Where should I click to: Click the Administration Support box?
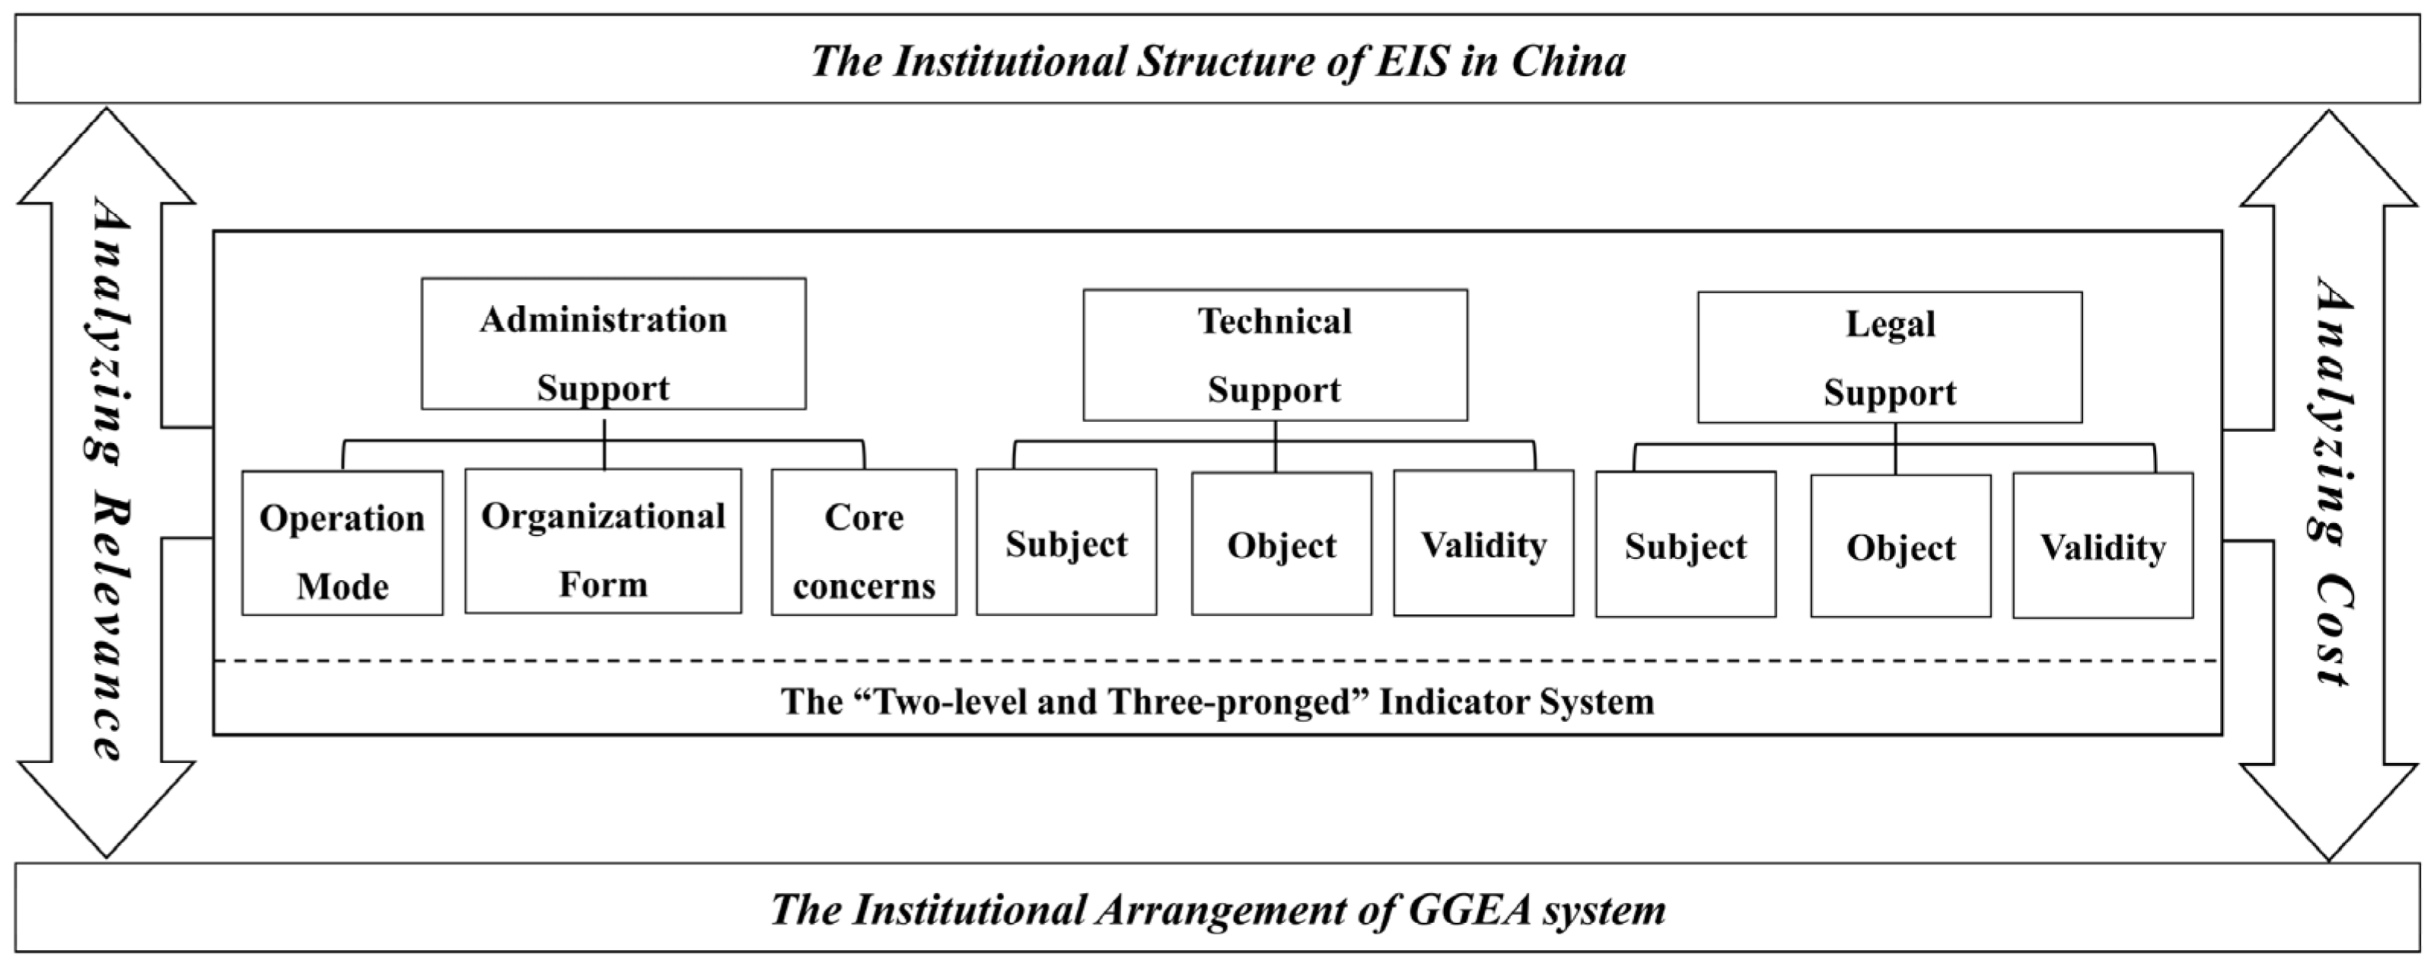(613, 343)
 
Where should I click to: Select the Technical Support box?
(1275, 355)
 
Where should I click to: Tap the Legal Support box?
(1889, 356)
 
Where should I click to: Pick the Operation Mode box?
(342, 543)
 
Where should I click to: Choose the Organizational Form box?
(603, 541)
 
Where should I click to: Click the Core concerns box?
(864, 543)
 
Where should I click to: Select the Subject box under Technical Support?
(1066, 543)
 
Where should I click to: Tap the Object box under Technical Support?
(1281, 544)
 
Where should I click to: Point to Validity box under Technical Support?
(1483, 544)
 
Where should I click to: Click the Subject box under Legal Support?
(1686, 545)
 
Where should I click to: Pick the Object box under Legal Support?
(1900, 547)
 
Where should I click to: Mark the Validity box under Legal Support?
(2102, 547)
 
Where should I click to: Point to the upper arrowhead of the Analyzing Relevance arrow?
(107, 156)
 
